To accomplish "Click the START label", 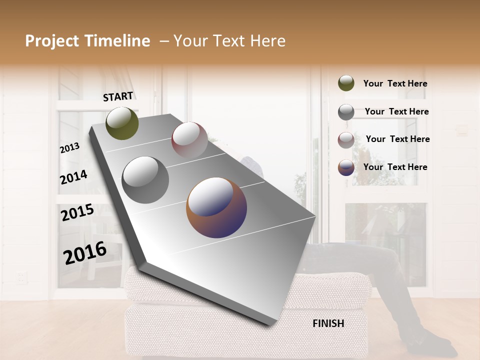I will (x=118, y=96).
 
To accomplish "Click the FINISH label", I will (x=328, y=323).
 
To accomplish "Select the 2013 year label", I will (x=70, y=148).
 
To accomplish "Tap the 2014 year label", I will (x=73, y=177).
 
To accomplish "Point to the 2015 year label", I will (x=77, y=212).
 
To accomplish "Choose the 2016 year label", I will (x=85, y=252).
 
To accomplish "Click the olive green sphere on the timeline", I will (x=122, y=123).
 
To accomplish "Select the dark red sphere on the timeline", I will (x=189, y=139).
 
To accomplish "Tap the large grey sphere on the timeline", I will (x=145, y=180).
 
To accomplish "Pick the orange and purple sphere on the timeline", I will (x=216, y=207).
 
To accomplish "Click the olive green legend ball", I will (x=346, y=83).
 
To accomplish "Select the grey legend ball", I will (x=346, y=111).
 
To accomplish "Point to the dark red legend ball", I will (x=346, y=139).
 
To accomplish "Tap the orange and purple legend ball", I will (x=346, y=167).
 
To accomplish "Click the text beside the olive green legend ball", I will (x=395, y=83).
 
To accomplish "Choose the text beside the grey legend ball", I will (x=396, y=111).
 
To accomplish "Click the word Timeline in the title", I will (x=117, y=41).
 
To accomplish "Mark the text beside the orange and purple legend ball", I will (x=395, y=167).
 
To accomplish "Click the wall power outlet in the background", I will (x=21, y=277).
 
